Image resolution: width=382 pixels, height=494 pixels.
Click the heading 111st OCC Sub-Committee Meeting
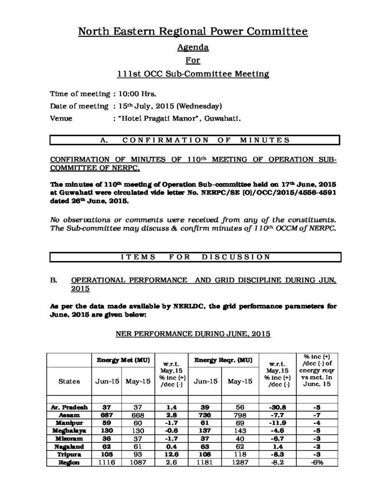pyautogui.click(x=193, y=74)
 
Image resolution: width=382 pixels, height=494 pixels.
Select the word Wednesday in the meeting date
pyautogui.click(x=200, y=106)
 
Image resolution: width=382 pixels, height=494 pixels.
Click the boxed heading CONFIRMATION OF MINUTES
pyautogui.click(x=195, y=140)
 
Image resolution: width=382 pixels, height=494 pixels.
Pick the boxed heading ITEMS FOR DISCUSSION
pyautogui.click(x=195, y=257)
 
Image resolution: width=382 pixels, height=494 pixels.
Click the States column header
pyautogui.click(x=69, y=381)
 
